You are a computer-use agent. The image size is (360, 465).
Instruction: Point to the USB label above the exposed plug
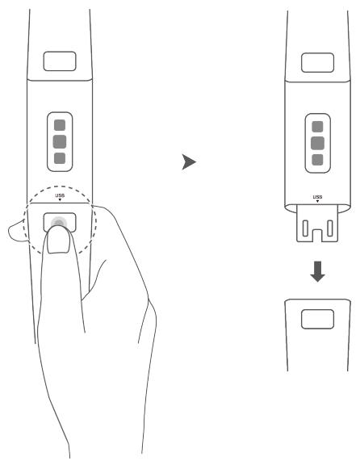(x=317, y=196)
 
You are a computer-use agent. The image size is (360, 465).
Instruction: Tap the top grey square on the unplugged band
(x=317, y=127)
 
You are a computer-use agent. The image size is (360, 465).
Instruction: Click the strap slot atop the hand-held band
(x=60, y=61)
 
